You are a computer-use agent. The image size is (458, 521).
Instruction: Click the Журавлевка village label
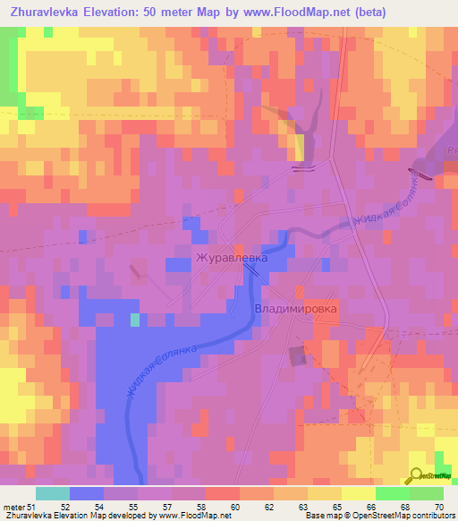[x=232, y=258]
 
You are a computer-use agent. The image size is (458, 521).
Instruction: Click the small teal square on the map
[x=135, y=320]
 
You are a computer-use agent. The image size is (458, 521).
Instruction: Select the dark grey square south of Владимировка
[x=297, y=356]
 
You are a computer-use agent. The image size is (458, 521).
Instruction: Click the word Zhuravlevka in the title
[x=45, y=13]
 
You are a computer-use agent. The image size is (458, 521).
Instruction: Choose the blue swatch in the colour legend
[x=86, y=493]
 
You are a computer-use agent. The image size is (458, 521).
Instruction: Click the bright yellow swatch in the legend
[x=358, y=493]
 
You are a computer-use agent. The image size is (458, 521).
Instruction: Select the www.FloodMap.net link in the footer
[x=189, y=515]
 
